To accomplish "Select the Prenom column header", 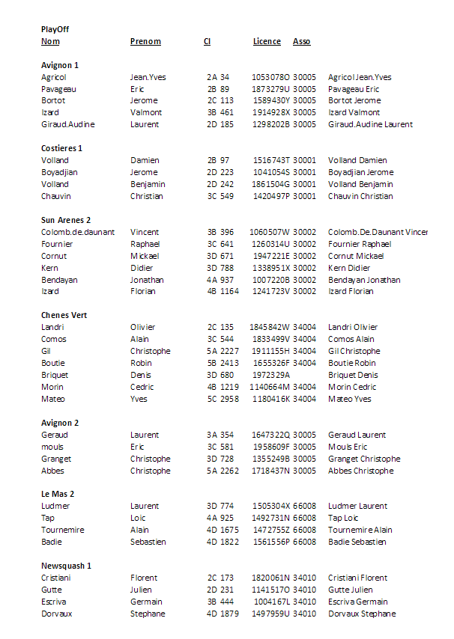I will coord(145,41).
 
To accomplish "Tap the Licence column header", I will coord(267,41).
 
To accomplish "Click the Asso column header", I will coord(301,41).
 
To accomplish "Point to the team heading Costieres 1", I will coord(61,148).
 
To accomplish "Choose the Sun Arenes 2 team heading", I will coord(66,220).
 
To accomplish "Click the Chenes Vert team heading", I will coord(64,315).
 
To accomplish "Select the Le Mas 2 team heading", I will coord(58,494).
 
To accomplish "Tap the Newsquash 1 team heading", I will coord(66,566).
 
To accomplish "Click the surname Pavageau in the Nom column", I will coord(58,89).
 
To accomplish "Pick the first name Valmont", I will coord(146,112).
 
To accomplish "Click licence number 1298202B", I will coord(270,124).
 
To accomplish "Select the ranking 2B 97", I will coord(218,160).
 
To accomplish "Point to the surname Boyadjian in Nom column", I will coord(59,172).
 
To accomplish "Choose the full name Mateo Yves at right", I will coord(350,399).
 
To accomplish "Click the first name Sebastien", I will coord(148,542).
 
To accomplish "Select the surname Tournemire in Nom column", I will coord(62,530).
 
